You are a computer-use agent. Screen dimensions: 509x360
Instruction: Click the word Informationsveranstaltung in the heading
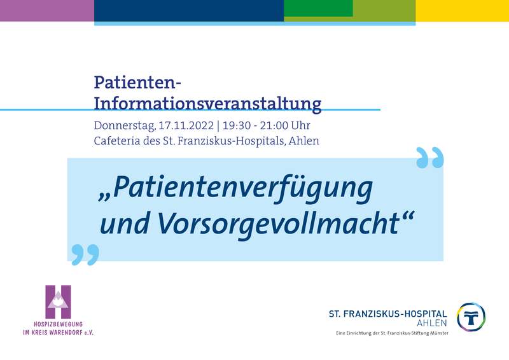point(208,104)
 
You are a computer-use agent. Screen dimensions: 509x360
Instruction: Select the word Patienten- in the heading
point(137,83)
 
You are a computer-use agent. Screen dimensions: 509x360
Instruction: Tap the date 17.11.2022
point(186,125)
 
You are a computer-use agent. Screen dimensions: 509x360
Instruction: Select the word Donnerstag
point(125,126)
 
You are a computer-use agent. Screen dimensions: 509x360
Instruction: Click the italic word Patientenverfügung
point(242,190)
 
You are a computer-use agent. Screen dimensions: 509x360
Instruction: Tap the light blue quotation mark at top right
point(430,158)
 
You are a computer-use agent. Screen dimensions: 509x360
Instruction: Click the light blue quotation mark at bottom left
point(85,254)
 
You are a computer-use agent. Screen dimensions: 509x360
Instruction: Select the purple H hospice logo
point(58,302)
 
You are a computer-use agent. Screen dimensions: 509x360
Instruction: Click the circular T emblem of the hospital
point(471,317)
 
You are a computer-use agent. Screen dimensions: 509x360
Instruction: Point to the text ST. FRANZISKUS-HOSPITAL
point(388,314)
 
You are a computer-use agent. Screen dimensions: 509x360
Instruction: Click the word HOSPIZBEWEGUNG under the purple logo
point(58,324)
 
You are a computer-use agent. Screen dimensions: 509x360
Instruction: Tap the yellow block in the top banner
point(463,11)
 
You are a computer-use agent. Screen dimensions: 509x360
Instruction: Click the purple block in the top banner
point(47,11)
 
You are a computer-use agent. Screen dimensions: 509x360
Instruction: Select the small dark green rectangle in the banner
point(319,8)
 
